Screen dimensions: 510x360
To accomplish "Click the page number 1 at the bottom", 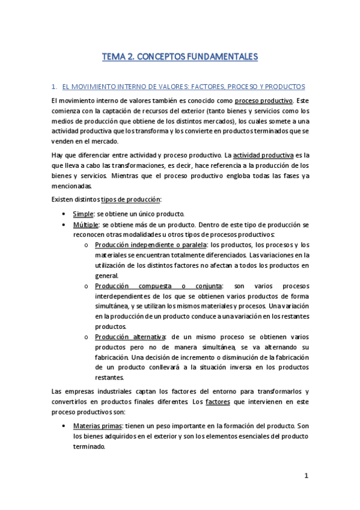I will [x=306, y=476].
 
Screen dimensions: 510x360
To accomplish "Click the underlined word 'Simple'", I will [x=83, y=214].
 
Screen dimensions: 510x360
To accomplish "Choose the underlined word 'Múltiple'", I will [x=85, y=224].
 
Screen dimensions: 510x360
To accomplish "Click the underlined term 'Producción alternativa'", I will [x=129, y=337].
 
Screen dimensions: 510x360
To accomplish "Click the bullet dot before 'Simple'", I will [x=64, y=214].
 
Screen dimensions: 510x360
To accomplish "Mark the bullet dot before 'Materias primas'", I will [x=64, y=425].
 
